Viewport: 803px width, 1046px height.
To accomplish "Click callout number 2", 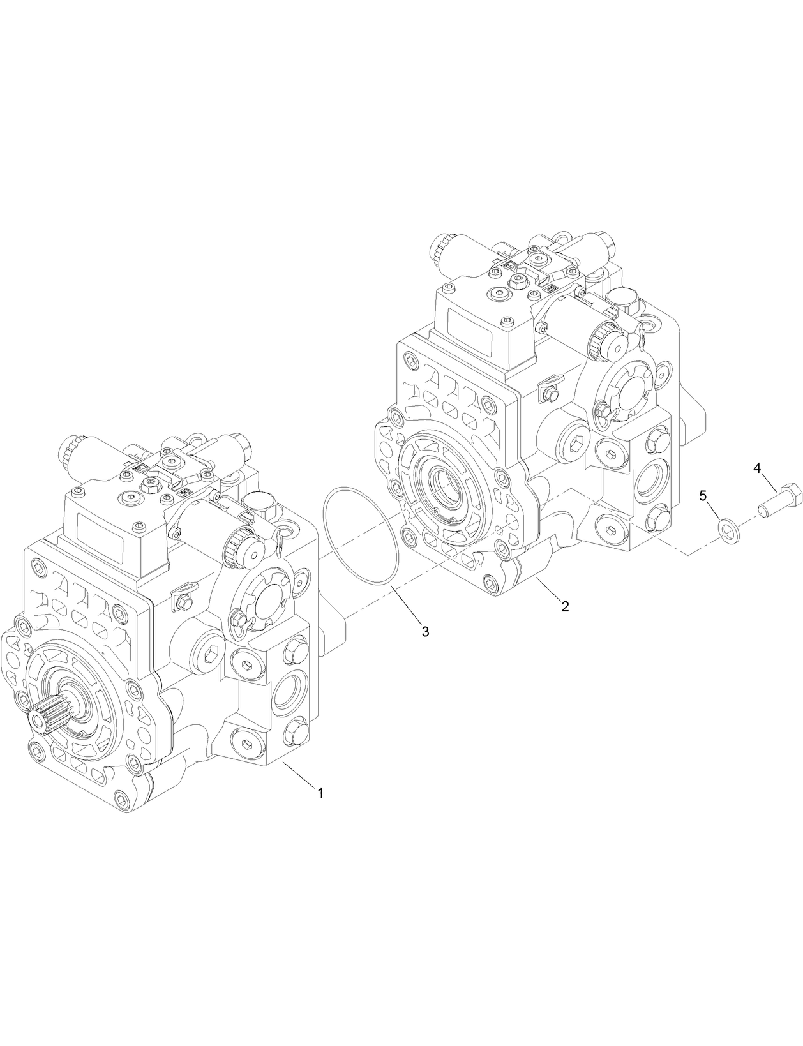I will click(565, 606).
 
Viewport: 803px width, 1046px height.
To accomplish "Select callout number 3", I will click(425, 631).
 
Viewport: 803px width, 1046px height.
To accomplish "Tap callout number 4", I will click(757, 468).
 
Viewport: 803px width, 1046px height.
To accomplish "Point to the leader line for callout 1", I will click(297, 776).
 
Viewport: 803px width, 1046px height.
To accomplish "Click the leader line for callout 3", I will click(405, 606).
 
